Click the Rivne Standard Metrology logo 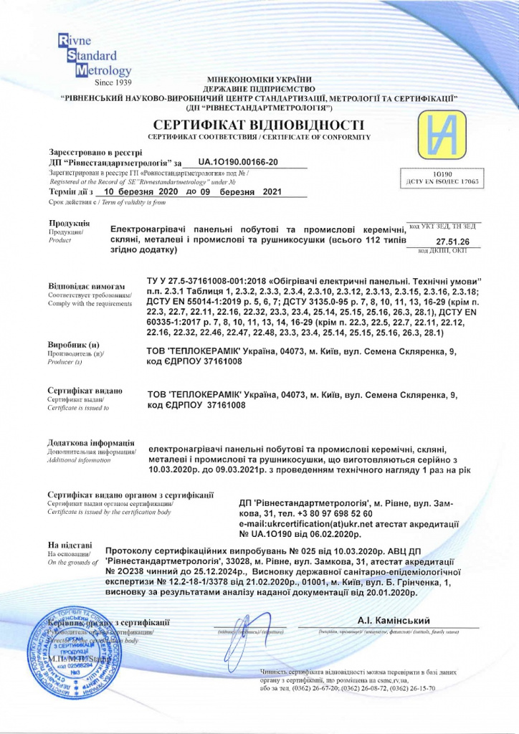pyautogui.click(x=92, y=55)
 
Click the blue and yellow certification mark pyautogui.click(x=448, y=135)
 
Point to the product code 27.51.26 pyautogui.click(x=452, y=242)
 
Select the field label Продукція pyautogui.click(x=68, y=224)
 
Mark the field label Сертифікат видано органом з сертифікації pyautogui.click(x=130, y=495)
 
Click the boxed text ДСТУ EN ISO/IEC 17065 pyautogui.click(x=437, y=183)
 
